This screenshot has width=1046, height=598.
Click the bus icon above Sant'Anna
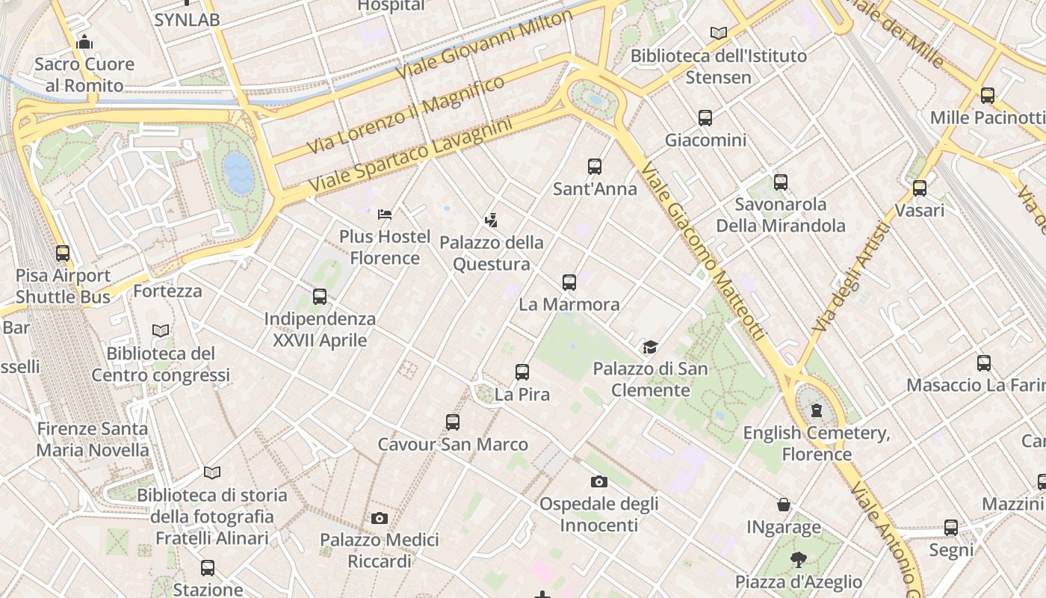[595, 167]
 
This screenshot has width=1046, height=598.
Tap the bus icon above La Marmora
[569, 283]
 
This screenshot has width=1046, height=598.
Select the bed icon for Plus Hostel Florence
[385, 215]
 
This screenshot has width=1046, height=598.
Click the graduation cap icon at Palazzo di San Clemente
[650, 347]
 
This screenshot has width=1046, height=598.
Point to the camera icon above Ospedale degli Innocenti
[598, 481]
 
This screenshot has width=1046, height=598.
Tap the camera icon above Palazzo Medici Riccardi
[380, 518]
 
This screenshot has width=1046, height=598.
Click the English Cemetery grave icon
[817, 410]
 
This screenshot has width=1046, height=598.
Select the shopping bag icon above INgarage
[784, 505]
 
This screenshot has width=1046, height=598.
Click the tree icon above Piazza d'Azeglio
[799, 559]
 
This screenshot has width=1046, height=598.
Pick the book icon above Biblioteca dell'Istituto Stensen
[719, 34]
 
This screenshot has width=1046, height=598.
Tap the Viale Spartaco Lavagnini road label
[410, 154]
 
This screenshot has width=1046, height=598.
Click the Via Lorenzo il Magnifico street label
[406, 115]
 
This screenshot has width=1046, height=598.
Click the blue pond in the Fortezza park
[238, 173]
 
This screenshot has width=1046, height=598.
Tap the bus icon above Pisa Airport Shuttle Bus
[63, 253]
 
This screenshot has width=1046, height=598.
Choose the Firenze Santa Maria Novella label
[93, 440]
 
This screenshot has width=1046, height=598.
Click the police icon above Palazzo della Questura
[491, 221]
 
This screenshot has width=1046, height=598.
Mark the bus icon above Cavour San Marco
[453, 422]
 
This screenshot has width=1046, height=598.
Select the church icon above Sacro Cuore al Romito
[84, 43]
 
